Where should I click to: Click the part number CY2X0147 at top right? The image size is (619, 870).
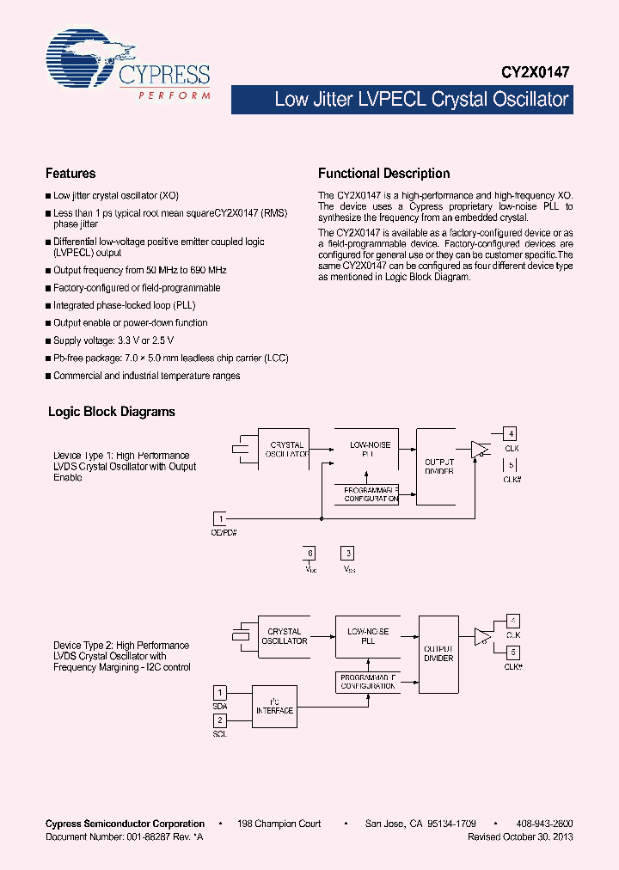[x=536, y=74]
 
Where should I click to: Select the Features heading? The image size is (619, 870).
[x=70, y=173]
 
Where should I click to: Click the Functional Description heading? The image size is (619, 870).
[x=383, y=173]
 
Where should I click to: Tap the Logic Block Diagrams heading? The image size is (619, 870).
[x=111, y=412]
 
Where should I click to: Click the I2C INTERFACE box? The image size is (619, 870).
[x=274, y=706]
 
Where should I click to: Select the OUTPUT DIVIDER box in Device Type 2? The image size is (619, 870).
[x=438, y=653]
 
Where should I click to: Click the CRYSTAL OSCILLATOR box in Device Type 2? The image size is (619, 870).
[x=284, y=636]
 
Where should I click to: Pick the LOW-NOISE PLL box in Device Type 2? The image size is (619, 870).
[x=368, y=636]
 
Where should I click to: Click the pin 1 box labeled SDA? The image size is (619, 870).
[x=220, y=692]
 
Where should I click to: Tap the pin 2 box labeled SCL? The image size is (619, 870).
[x=220, y=720]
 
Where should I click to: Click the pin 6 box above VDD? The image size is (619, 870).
[x=310, y=554]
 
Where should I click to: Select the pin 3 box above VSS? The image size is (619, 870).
[x=347, y=554]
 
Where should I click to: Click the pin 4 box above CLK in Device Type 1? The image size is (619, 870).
[x=510, y=433]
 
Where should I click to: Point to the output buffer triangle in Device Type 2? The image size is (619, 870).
[x=482, y=636]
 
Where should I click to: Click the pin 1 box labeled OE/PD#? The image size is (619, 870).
[x=221, y=518]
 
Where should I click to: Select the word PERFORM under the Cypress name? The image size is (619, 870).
[x=175, y=95]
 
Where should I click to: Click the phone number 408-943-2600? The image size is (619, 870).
[x=546, y=824]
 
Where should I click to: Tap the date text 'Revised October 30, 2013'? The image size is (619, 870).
[x=520, y=836]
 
